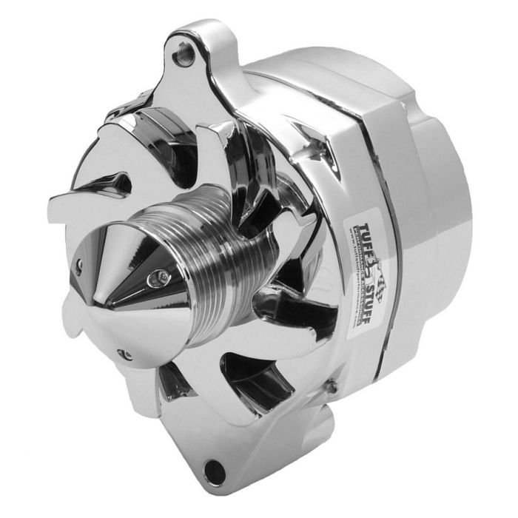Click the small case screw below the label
click(331, 384)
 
